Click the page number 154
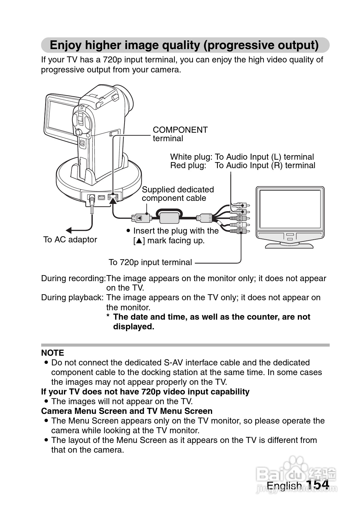pos(317,484)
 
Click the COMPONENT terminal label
pos(180,134)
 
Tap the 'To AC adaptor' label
pos(70,239)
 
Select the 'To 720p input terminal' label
pos(150,262)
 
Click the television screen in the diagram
pos(290,209)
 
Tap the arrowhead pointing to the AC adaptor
pos(69,230)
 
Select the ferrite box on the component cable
pos(169,217)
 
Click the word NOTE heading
pos(52,353)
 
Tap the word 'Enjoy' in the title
pos(65,45)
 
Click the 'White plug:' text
pos(191,157)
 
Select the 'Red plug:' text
pos(188,165)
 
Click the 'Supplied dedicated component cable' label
pos(178,194)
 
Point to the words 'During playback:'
pos(72,298)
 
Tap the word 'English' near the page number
pos(284,485)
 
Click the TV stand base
pos(289,245)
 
